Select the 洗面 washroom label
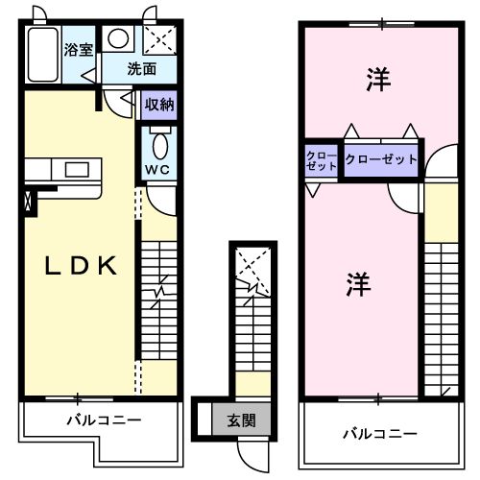(x=142, y=69)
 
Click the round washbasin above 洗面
(x=119, y=39)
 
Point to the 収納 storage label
(x=158, y=105)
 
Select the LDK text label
(x=83, y=266)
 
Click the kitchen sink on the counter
(x=76, y=170)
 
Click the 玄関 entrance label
(x=240, y=419)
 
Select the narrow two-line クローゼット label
(x=322, y=159)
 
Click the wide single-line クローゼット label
(x=381, y=158)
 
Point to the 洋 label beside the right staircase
(x=358, y=284)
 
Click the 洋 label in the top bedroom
(x=378, y=83)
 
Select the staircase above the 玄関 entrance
(x=253, y=326)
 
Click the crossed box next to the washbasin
(x=157, y=39)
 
